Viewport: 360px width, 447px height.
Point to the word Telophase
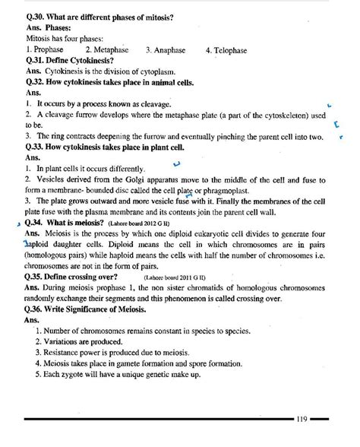[235, 50]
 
